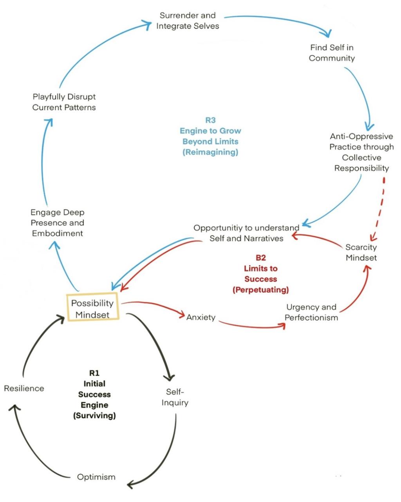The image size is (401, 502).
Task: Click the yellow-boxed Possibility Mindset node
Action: [x=92, y=308]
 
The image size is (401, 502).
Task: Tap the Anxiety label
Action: [x=200, y=317]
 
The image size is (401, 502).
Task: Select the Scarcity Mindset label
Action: [x=361, y=253]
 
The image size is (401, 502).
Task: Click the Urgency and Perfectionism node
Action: [x=311, y=312]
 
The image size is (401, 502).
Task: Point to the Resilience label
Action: [x=24, y=388]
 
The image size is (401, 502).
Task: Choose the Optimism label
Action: [x=96, y=477]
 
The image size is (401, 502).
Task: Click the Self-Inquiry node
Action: [x=175, y=397]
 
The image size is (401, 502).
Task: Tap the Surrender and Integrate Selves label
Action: [x=188, y=21]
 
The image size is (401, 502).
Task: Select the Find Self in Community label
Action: [x=332, y=53]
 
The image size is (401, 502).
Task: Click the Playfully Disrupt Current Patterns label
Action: [x=64, y=102]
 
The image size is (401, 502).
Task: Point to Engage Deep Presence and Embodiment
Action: [x=57, y=223]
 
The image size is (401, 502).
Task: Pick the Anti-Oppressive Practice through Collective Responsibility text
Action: [x=361, y=152]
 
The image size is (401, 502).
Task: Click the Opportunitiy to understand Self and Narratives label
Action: [x=246, y=233]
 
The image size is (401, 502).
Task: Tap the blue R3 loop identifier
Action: [x=210, y=120]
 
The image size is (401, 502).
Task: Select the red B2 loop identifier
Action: [x=260, y=258]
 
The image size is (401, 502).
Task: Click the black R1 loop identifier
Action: [x=94, y=373]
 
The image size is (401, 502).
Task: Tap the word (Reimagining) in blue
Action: [x=210, y=152]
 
